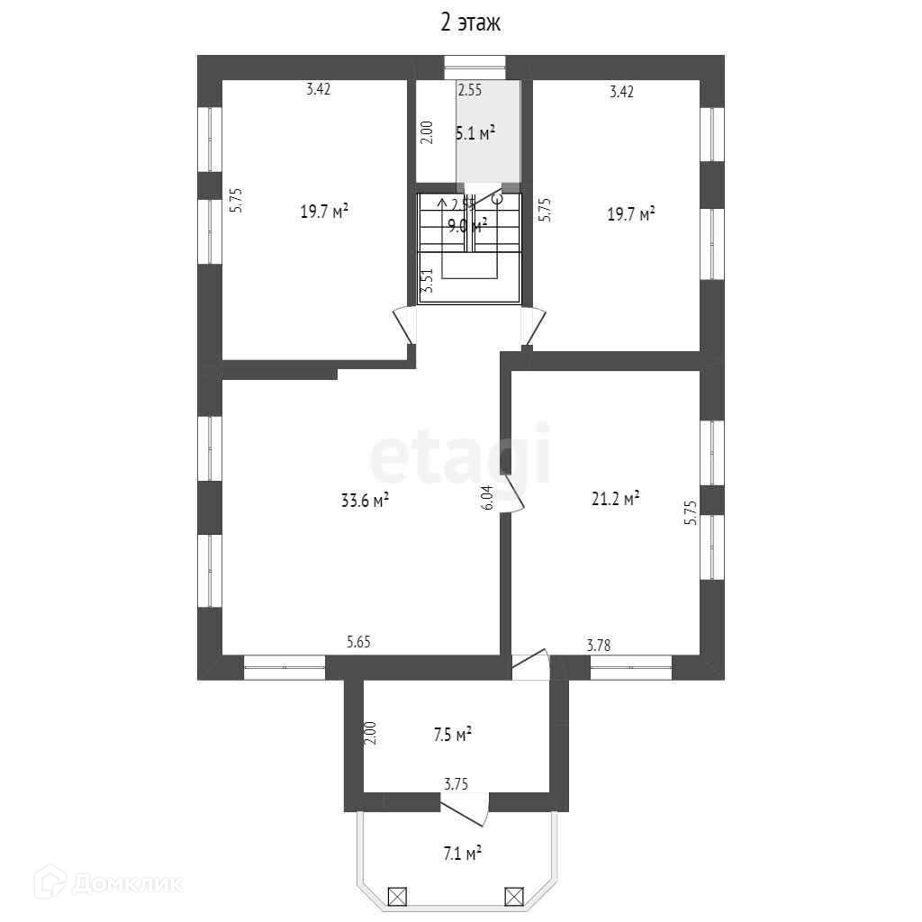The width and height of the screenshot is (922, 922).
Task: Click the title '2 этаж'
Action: pyautogui.click(x=470, y=23)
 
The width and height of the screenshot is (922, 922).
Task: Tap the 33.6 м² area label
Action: pyautogui.click(x=365, y=501)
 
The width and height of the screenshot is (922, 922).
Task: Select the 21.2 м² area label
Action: pyautogui.click(x=615, y=497)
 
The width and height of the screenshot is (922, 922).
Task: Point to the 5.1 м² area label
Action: pyautogui.click(x=475, y=134)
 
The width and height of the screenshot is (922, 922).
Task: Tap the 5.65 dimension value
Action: pyautogui.click(x=359, y=642)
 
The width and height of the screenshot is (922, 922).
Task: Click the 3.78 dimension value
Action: pyautogui.click(x=599, y=644)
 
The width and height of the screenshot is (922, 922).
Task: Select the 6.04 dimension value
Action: pyautogui.click(x=487, y=498)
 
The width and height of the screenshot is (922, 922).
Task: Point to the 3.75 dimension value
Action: pyautogui.click(x=455, y=784)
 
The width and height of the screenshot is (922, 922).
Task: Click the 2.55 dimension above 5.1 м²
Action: pyautogui.click(x=470, y=90)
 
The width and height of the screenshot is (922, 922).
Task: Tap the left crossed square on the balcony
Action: pyautogui.click(x=397, y=896)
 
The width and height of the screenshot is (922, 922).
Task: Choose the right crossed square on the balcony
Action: pyautogui.click(x=513, y=896)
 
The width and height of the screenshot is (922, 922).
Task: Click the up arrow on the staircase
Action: pyautogui.click(x=441, y=204)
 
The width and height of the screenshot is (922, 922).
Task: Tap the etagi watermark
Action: pyautogui.click(x=460, y=458)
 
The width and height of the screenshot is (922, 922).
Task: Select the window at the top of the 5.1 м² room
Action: pyautogui.click(x=475, y=64)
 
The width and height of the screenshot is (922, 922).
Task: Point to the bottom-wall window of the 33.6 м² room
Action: pyautogui.click(x=285, y=667)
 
